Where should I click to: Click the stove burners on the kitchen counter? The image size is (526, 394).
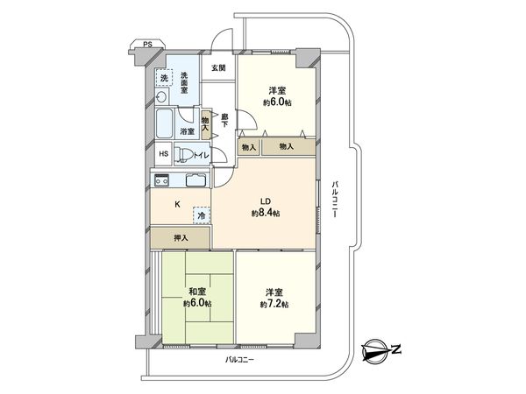[162, 180]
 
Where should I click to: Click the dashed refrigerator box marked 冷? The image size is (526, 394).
[201, 214]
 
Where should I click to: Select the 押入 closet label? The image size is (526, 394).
[179, 236]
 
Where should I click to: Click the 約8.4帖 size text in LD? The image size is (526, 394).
[265, 213]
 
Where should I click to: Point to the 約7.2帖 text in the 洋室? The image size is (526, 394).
[274, 304]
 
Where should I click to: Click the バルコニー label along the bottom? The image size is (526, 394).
[238, 360]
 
